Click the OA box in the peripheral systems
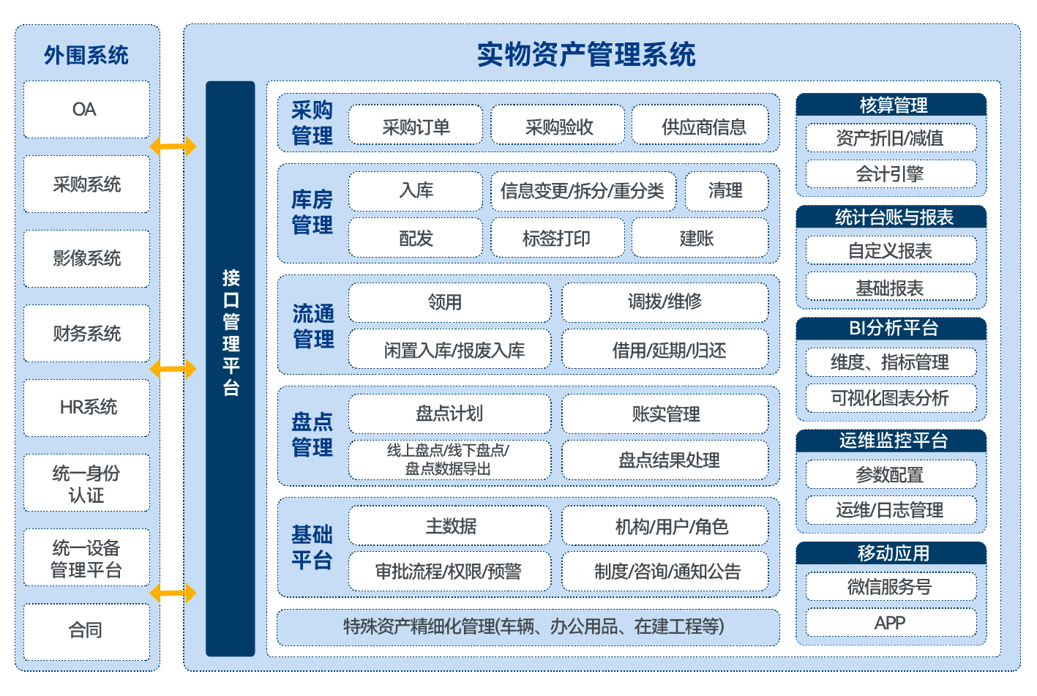tap(86, 110)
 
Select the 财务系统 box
tap(86, 334)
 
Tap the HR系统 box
tap(86, 408)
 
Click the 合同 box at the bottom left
tap(86, 630)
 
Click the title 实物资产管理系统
tap(586, 55)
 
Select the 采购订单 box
tap(416, 126)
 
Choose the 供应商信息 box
tap(703, 126)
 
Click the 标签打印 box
tap(557, 238)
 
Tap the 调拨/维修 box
tap(664, 302)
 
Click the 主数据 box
tap(449, 526)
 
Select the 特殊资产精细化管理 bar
tap(528, 627)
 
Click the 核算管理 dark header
tap(891, 105)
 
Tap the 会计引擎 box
tap(891, 174)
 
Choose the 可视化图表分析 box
tap(891, 398)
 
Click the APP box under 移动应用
tap(891, 623)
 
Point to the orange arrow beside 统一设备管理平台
tap(173, 592)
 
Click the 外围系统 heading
tap(86, 55)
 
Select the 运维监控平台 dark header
tap(891, 441)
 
